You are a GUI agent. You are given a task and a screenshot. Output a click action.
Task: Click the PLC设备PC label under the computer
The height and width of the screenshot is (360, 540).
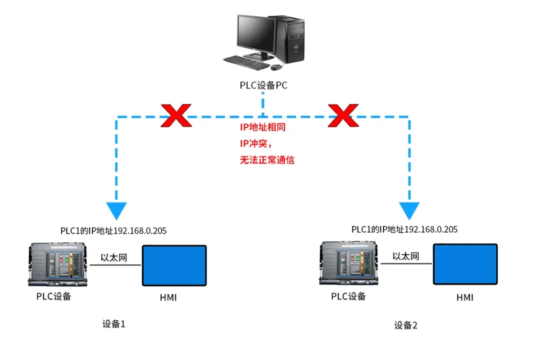(x=263, y=85)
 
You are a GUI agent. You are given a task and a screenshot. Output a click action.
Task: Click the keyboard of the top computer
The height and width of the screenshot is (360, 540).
(x=246, y=61)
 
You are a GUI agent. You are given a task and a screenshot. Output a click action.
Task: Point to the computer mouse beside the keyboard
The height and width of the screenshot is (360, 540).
(x=276, y=66)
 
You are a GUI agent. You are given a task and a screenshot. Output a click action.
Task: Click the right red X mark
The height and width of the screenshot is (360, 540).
(x=343, y=115)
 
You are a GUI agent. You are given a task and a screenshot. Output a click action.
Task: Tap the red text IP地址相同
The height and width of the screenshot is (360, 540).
(x=262, y=127)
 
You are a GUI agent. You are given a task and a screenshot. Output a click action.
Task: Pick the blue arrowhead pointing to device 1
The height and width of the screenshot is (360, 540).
(x=117, y=210)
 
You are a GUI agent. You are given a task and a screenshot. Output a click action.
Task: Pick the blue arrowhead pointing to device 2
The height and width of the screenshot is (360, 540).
(x=409, y=210)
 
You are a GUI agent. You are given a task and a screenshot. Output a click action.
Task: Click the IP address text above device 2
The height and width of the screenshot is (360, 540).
(x=404, y=229)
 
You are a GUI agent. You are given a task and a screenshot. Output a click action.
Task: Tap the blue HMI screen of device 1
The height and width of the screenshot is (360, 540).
(x=174, y=265)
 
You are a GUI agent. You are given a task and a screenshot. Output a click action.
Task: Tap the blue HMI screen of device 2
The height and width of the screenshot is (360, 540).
(x=465, y=264)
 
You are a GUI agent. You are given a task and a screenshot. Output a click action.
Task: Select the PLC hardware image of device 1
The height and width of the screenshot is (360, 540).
(x=58, y=265)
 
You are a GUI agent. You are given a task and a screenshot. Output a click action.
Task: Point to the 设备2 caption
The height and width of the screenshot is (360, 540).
(x=405, y=325)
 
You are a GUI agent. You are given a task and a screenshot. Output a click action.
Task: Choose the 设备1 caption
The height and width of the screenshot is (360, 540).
(x=113, y=324)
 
